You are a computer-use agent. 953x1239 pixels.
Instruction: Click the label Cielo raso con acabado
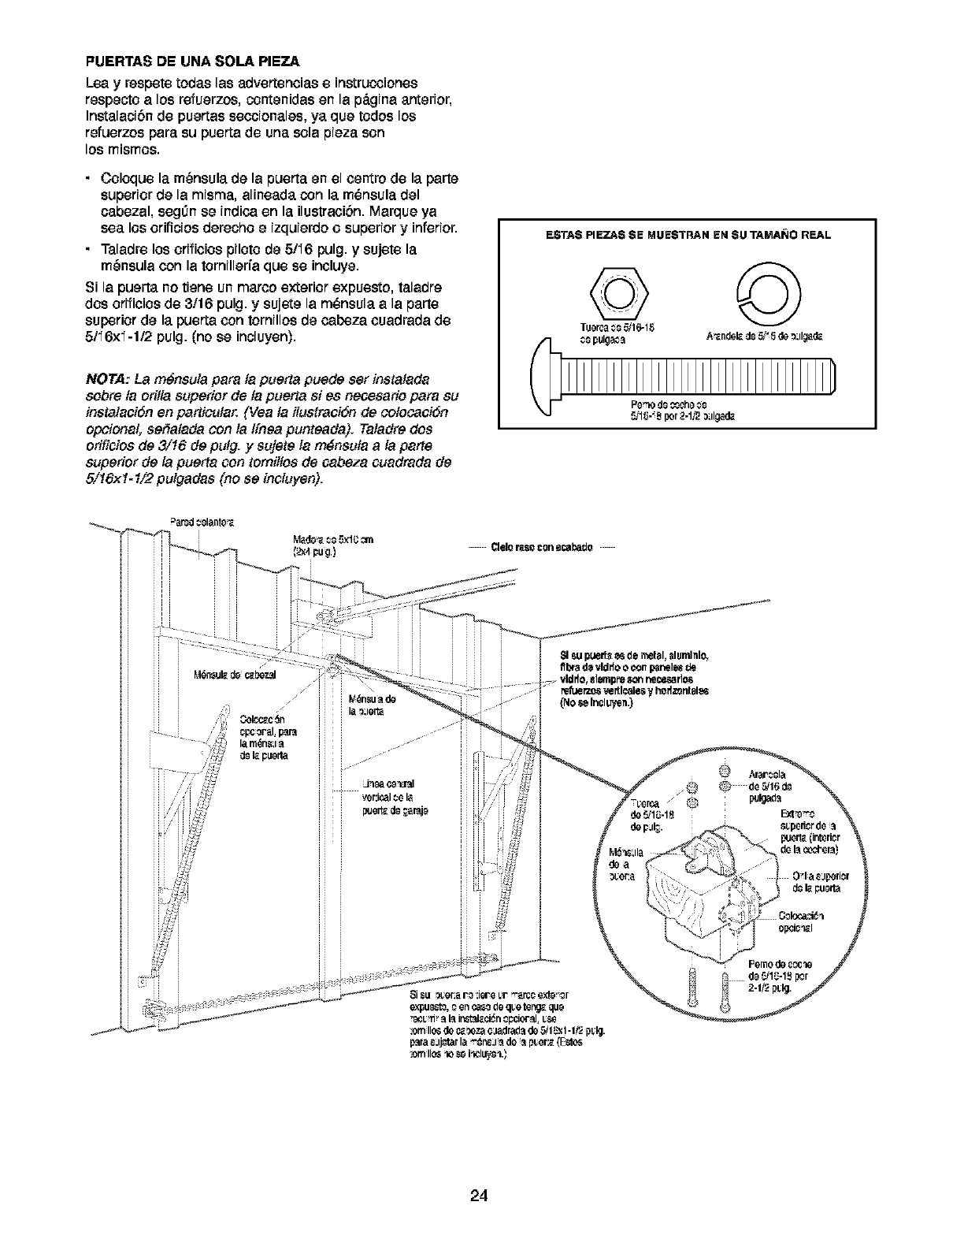tap(543, 547)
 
